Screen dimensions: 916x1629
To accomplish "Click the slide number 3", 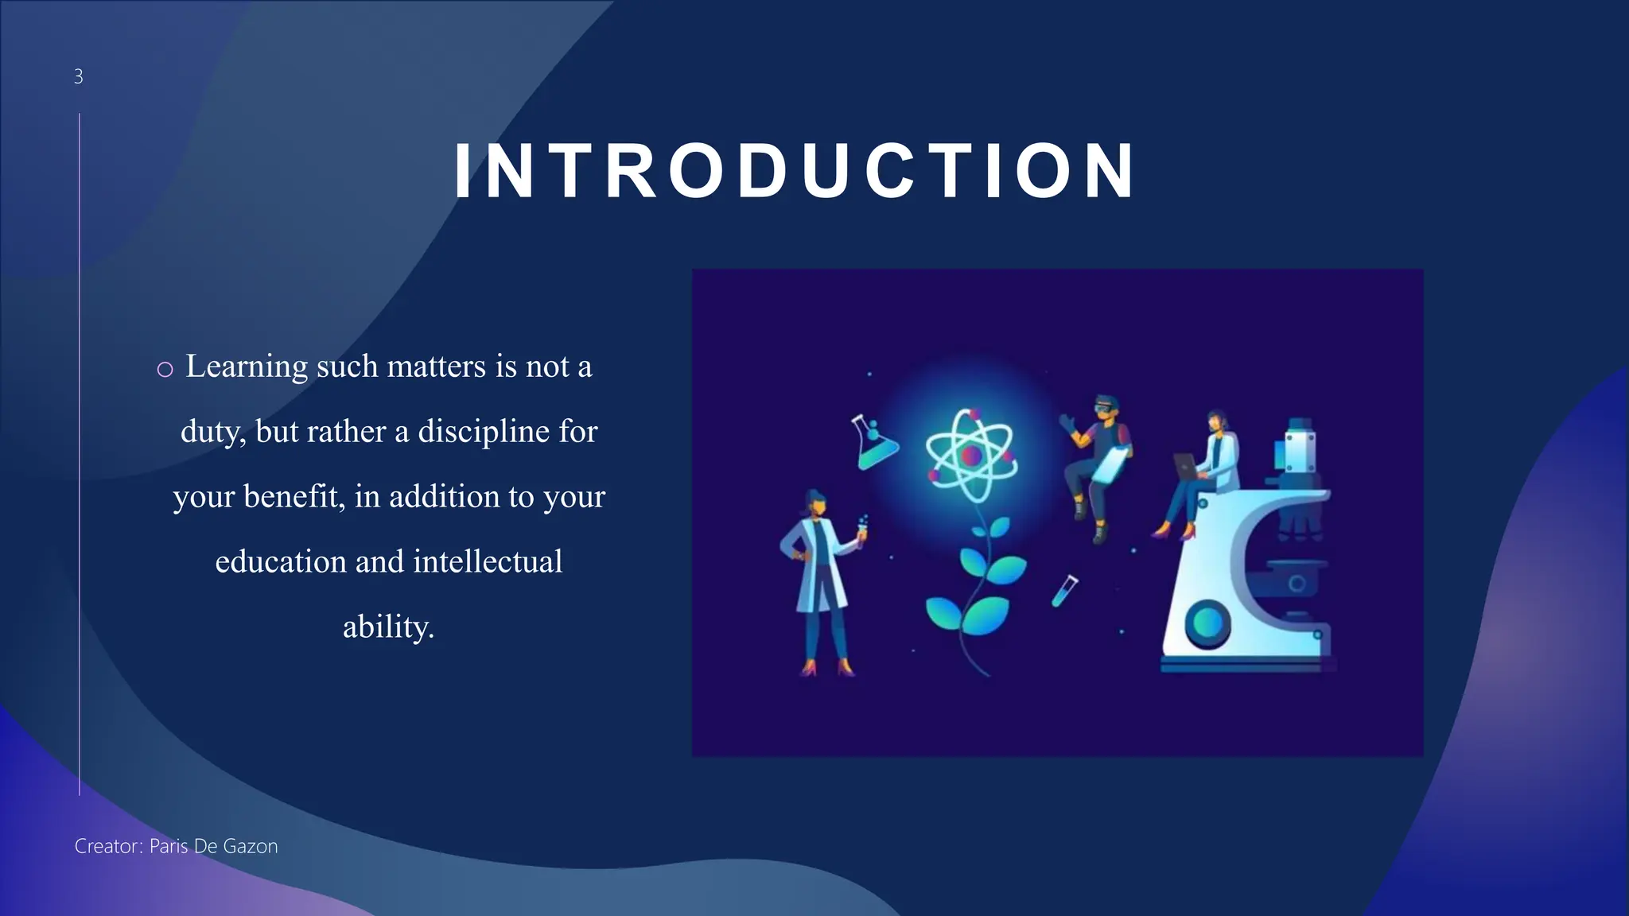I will pos(78,76).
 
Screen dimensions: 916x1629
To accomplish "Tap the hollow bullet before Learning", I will pos(165,369).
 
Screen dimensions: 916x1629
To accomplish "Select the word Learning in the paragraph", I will pos(247,367).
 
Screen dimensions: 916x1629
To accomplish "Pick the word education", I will pos(281,562).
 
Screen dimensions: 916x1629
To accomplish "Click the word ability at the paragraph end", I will pos(387,627).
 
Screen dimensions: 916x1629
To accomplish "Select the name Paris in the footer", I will pos(169,846).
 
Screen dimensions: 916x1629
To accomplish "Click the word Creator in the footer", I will pos(107,846).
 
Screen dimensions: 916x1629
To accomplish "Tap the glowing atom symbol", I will pos(971,456).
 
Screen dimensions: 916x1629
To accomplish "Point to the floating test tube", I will pos(1064,591).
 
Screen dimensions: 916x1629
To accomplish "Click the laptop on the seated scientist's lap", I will pos(1184,465).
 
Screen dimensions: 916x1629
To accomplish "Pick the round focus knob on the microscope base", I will pos(1207,623).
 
